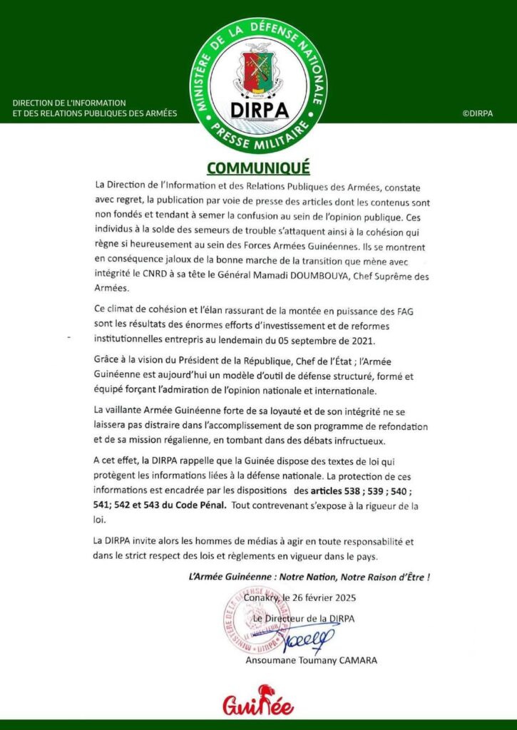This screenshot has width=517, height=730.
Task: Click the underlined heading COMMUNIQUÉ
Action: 258,168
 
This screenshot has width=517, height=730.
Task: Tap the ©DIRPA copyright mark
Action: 477,113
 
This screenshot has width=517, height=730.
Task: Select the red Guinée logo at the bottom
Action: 258,701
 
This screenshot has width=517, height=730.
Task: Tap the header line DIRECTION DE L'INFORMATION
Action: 69,103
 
